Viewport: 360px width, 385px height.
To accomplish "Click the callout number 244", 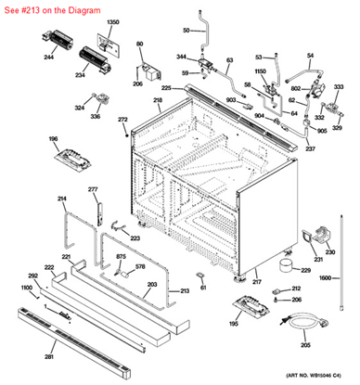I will (48, 57).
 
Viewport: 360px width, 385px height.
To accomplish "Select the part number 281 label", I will (48, 353).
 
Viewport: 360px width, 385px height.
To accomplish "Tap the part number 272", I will (122, 121).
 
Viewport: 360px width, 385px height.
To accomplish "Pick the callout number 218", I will (158, 100).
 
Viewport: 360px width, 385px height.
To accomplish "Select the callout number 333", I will (339, 86).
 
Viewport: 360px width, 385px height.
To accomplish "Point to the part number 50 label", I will (186, 32).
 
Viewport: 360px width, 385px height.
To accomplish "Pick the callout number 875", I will (121, 256).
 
